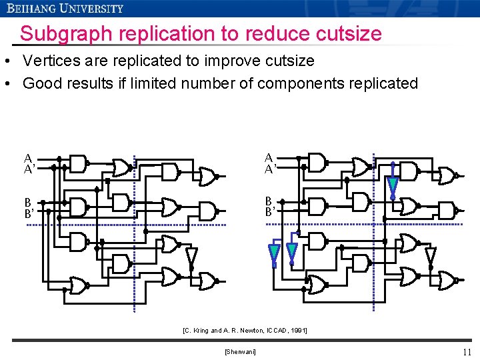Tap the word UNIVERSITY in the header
coord(91,9)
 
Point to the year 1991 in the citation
coord(297,330)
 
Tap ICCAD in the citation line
coord(273,330)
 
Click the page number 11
coord(466,352)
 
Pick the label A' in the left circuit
coord(29,169)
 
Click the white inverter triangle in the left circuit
coord(191,255)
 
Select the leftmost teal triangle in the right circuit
coord(273,253)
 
